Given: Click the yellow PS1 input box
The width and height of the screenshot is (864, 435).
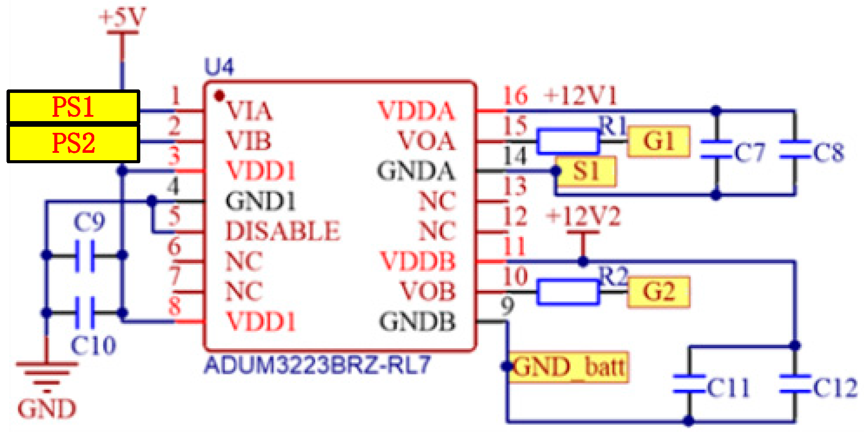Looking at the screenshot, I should [x=73, y=107].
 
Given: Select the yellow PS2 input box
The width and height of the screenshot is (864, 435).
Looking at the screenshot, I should [x=73, y=143].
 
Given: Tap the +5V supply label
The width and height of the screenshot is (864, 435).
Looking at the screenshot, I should [x=122, y=17].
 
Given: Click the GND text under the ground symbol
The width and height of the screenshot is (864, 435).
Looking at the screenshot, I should [x=46, y=409].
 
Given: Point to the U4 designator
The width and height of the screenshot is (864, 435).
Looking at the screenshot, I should [x=218, y=67].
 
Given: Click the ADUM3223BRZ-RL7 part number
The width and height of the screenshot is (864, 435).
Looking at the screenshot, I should [x=317, y=365].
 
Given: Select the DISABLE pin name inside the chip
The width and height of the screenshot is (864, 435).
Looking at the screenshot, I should [x=282, y=231].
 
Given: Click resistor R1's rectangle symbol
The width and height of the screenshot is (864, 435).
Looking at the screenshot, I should [x=568, y=142].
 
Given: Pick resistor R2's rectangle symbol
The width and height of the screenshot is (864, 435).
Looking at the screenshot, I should [x=568, y=292].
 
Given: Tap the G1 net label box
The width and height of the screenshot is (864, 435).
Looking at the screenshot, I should [x=659, y=141].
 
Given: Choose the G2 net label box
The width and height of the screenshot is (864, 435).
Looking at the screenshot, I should [x=659, y=292].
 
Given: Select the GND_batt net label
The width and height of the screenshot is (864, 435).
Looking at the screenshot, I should [x=569, y=367].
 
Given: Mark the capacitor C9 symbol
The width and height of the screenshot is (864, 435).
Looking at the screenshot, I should [x=85, y=256].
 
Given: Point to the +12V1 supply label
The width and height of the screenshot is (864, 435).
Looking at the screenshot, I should [x=580, y=96].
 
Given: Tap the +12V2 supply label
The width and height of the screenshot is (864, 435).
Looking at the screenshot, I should [x=583, y=216].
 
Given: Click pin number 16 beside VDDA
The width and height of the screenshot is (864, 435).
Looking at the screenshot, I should [x=515, y=96].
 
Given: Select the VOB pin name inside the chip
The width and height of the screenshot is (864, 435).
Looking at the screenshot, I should [x=427, y=291].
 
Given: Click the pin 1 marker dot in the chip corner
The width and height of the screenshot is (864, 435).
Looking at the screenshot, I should [x=220, y=95].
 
